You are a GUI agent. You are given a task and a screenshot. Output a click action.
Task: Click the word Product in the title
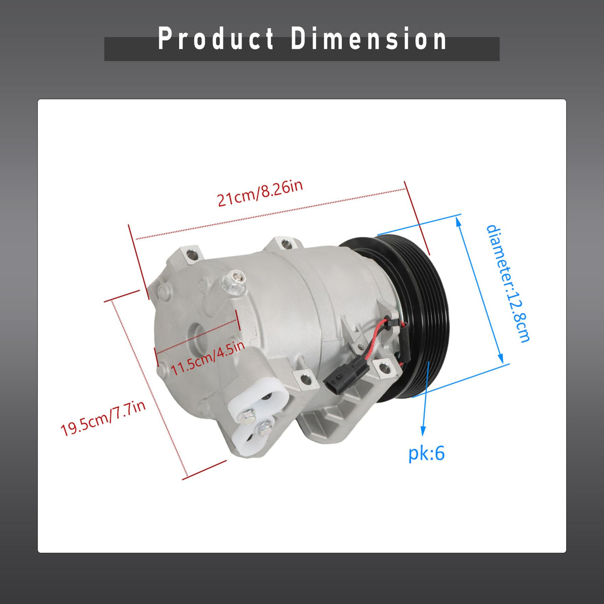(216, 39)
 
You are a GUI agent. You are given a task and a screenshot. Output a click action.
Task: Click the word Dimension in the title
(368, 39)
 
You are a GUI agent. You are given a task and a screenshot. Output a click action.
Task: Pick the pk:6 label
(426, 454)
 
